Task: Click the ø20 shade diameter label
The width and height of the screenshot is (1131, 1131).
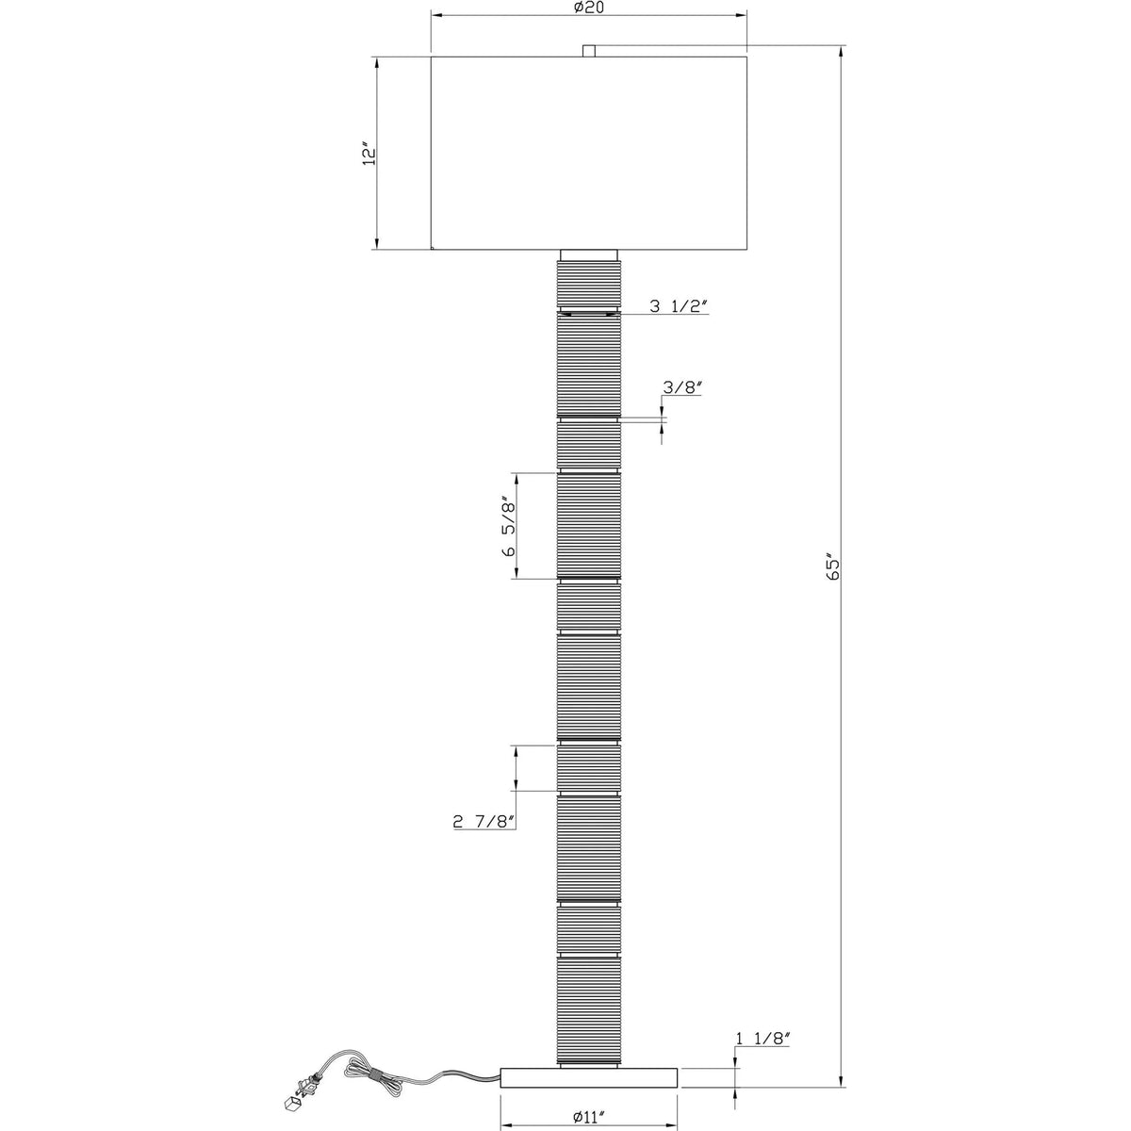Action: click(589, 8)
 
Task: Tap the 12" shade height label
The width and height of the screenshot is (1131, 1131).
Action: click(368, 154)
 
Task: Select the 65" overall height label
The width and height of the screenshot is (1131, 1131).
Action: click(832, 565)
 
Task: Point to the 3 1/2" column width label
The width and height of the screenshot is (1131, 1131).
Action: click(679, 305)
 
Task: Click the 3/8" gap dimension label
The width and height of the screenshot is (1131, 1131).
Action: click(682, 386)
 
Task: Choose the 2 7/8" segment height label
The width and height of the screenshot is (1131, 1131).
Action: click(484, 822)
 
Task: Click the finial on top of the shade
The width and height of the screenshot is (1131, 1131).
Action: click(589, 51)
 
